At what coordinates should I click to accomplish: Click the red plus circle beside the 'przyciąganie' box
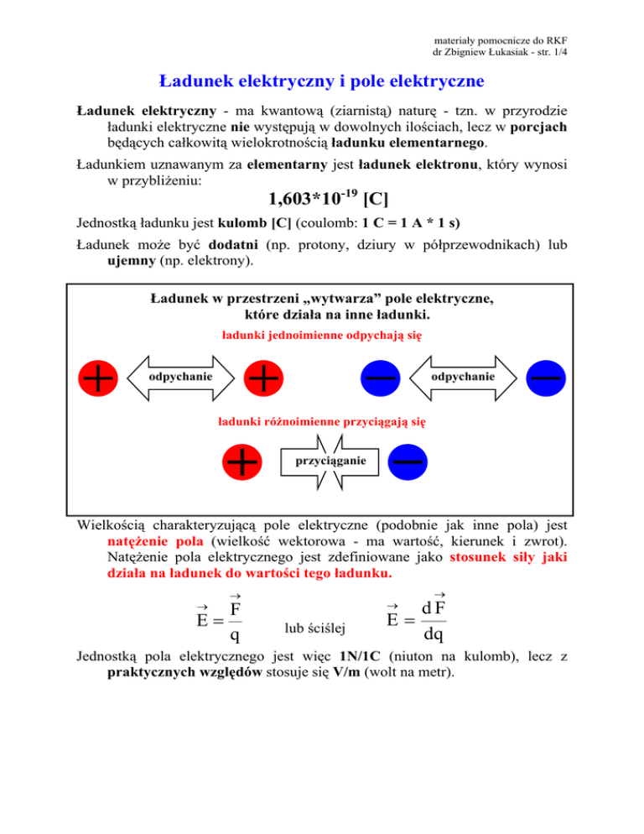[x=243, y=461]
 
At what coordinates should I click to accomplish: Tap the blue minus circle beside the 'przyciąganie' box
[x=408, y=461]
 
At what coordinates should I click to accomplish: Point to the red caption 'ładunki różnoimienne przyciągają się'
[x=321, y=419]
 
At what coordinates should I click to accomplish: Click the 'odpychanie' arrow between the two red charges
[x=181, y=378]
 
